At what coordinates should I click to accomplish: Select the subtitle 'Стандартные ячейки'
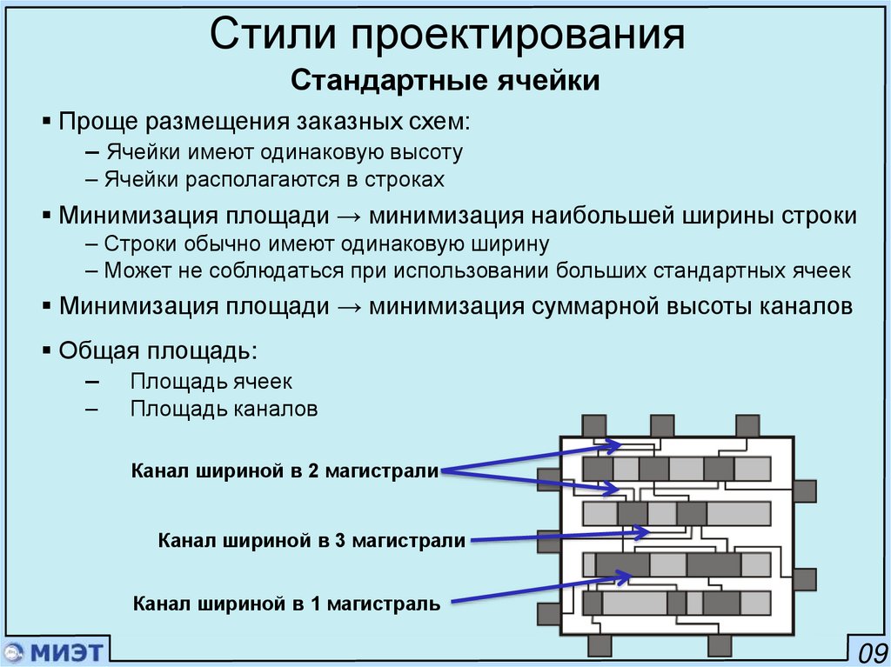tap(445, 82)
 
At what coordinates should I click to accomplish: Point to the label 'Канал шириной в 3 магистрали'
tap(312, 540)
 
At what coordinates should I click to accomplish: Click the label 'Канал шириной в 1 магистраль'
tap(286, 602)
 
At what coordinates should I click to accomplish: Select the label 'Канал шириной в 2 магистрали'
tap(284, 470)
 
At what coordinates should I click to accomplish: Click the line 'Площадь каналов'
tap(224, 408)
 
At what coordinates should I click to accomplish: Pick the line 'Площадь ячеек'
tap(211, 381)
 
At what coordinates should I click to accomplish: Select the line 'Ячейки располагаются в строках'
tap(275, 180)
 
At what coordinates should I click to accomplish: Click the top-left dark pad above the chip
tap(593, 426)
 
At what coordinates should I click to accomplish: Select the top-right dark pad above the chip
tap(747, 426)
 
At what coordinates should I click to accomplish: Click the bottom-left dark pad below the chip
tap(600, 645)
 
